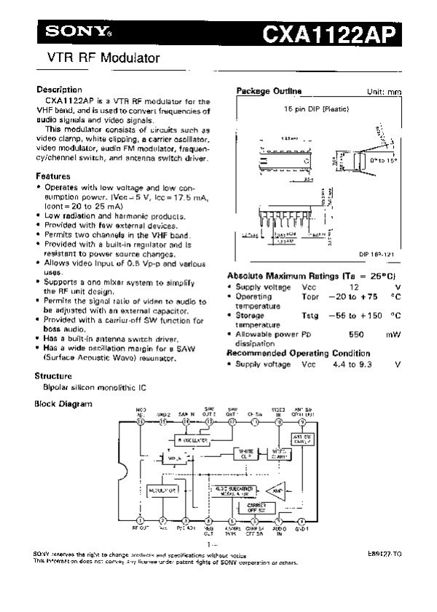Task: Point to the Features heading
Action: point(53,176)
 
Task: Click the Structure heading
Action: point(54,376)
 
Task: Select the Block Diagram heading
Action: point(63,403)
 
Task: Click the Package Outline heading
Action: point(269,91)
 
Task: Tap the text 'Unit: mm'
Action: point(385,92)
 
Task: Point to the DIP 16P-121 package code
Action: point(376,253)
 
